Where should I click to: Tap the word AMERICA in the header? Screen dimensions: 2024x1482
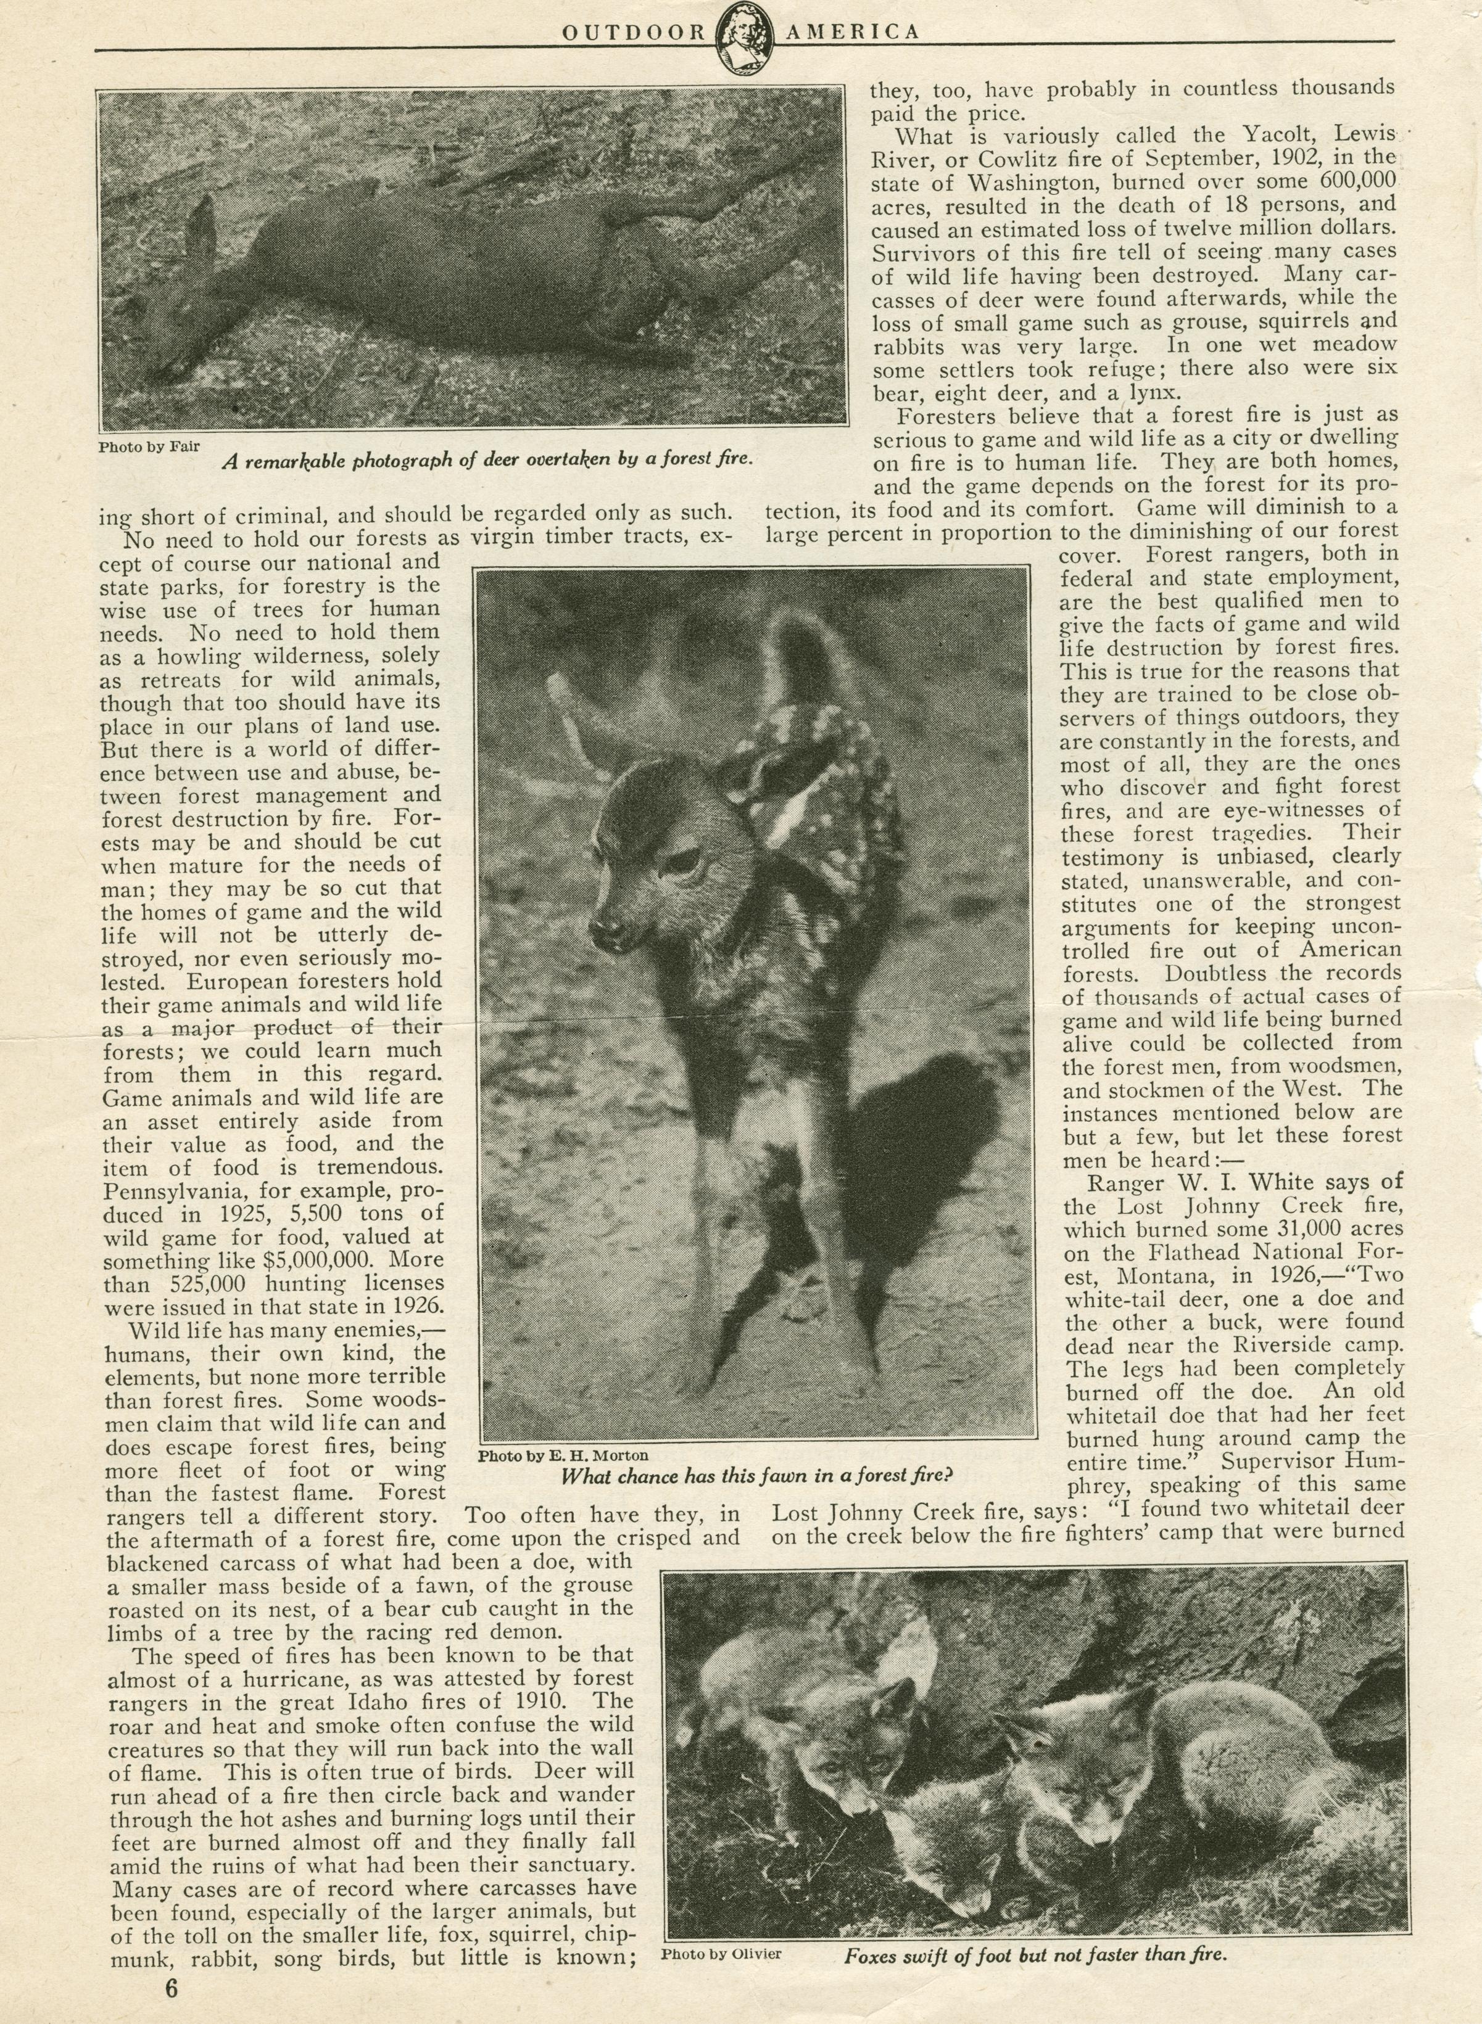pos(852,32)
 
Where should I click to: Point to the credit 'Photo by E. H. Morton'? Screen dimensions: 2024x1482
pos(563,1455)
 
